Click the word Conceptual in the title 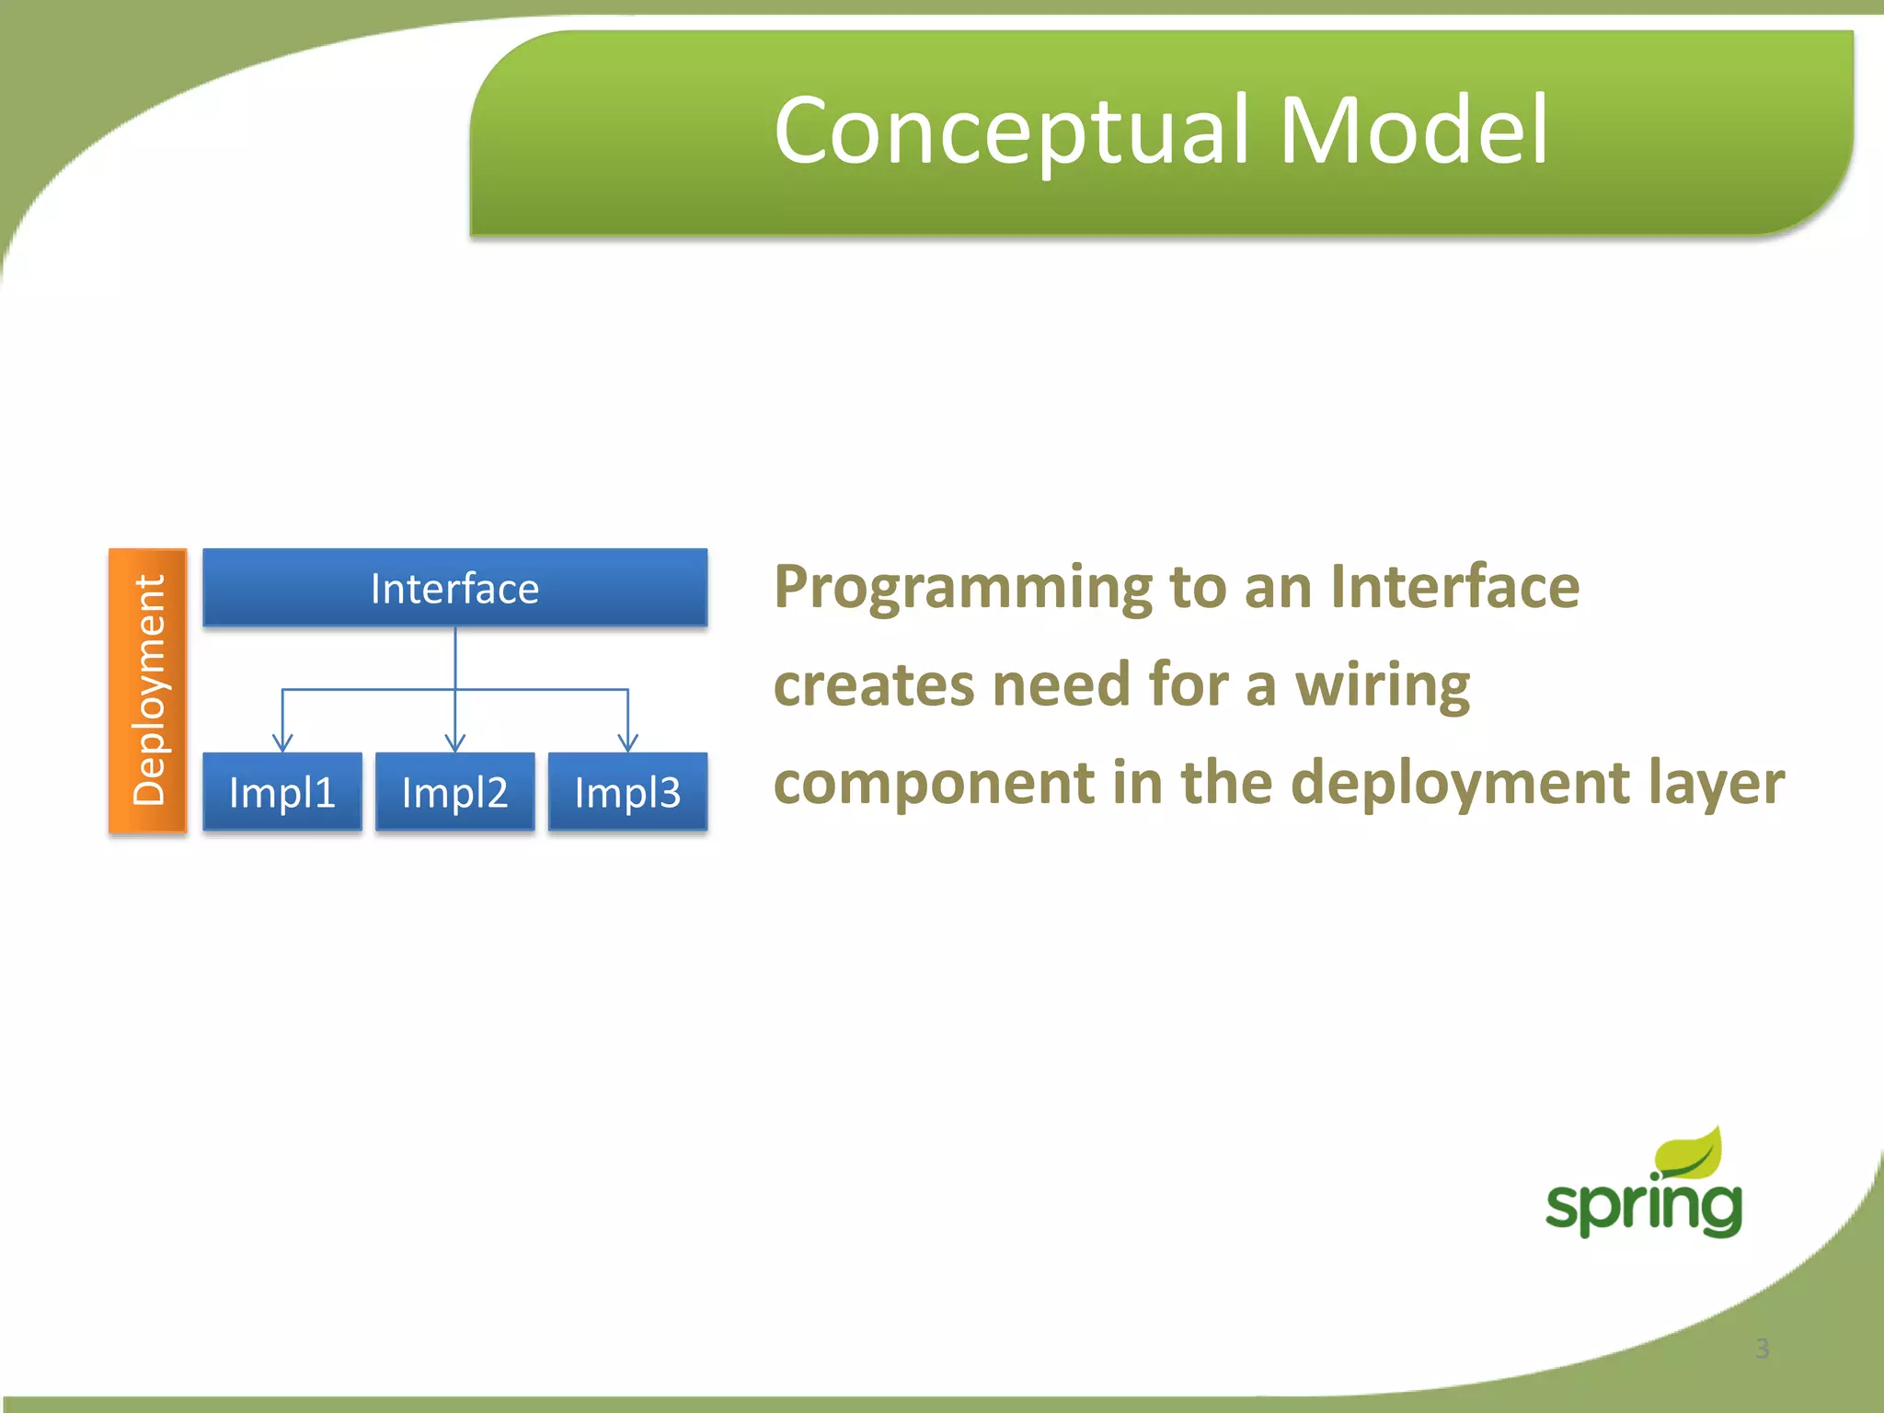pos(1012,131)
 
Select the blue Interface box pos(454,588)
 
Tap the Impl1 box pos(281,792)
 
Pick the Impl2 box pos(454,792)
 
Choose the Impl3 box pos(627,792)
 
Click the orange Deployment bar pos(148,690)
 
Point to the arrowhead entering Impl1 pos(282,742)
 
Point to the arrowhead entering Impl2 pos(455,742)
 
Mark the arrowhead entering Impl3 pos(628,742)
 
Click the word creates pos(873,686)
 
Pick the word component pos(934,785)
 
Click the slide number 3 pos(1762,1349)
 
